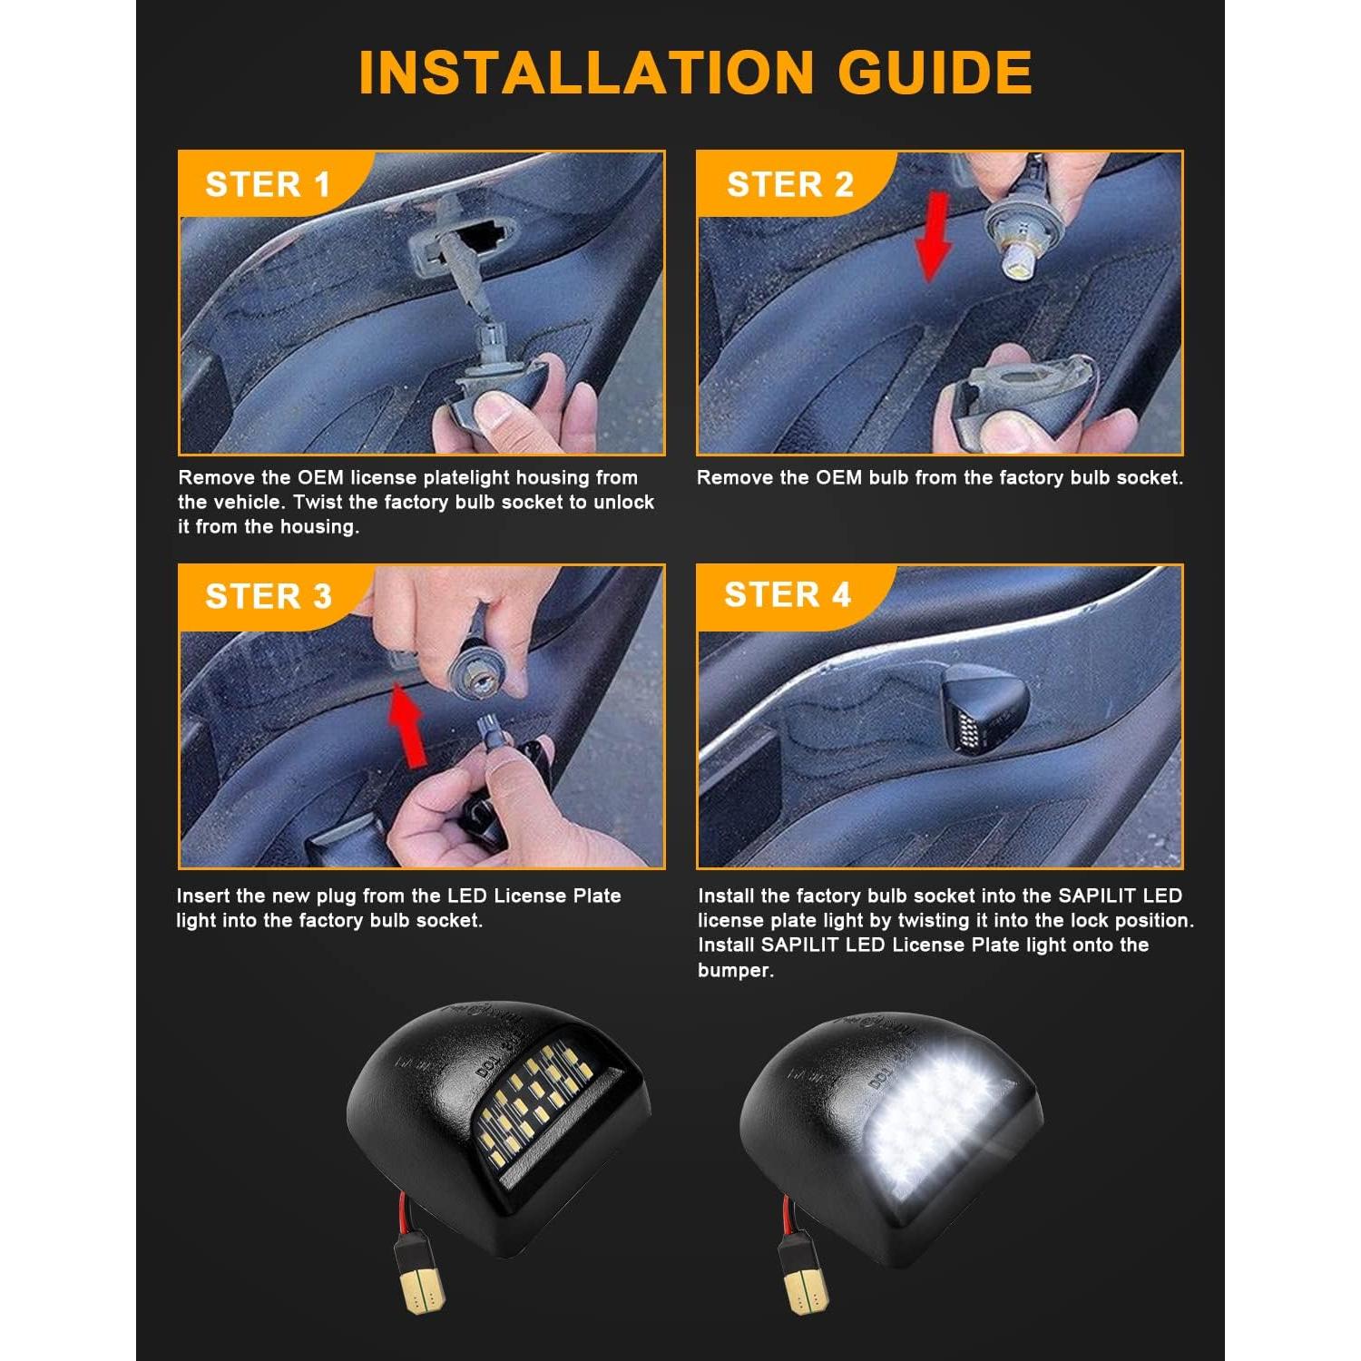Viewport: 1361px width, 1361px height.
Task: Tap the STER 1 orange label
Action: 268,184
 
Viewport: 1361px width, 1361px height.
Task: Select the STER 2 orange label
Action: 789,184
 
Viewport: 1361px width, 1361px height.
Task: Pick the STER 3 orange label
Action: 268,596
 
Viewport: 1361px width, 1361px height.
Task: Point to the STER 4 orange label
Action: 787,594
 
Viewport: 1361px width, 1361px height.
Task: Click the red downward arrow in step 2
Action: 932,234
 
